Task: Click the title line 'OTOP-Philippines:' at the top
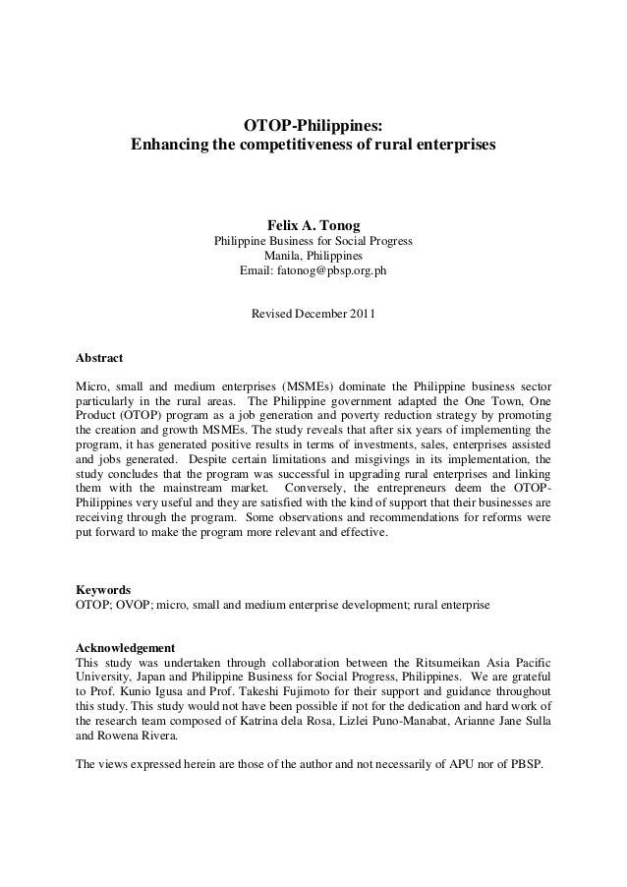(313, 126)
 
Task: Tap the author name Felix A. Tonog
(313, 225)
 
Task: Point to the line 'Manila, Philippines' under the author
(313, 257)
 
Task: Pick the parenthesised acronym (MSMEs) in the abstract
(310, 383)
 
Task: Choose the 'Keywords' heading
(103, 588)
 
